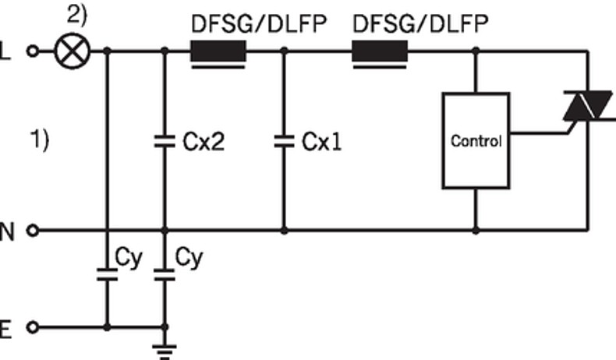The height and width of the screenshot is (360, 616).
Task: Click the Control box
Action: pyautogui.click(x=475, y=141)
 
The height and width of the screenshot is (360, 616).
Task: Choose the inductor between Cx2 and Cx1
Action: pyautogui.click(x=219, y=53)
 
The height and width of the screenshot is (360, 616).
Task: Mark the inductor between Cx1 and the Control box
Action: pyautogui.click(x=381, y=53)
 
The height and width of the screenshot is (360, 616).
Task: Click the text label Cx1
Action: pyautogui.click(x=321, y=143)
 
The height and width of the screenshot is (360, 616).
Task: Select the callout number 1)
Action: pyautogui.click(x=40, y=140)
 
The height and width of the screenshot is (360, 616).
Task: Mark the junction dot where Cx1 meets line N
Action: pyautogui.click(x=283, y=231)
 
